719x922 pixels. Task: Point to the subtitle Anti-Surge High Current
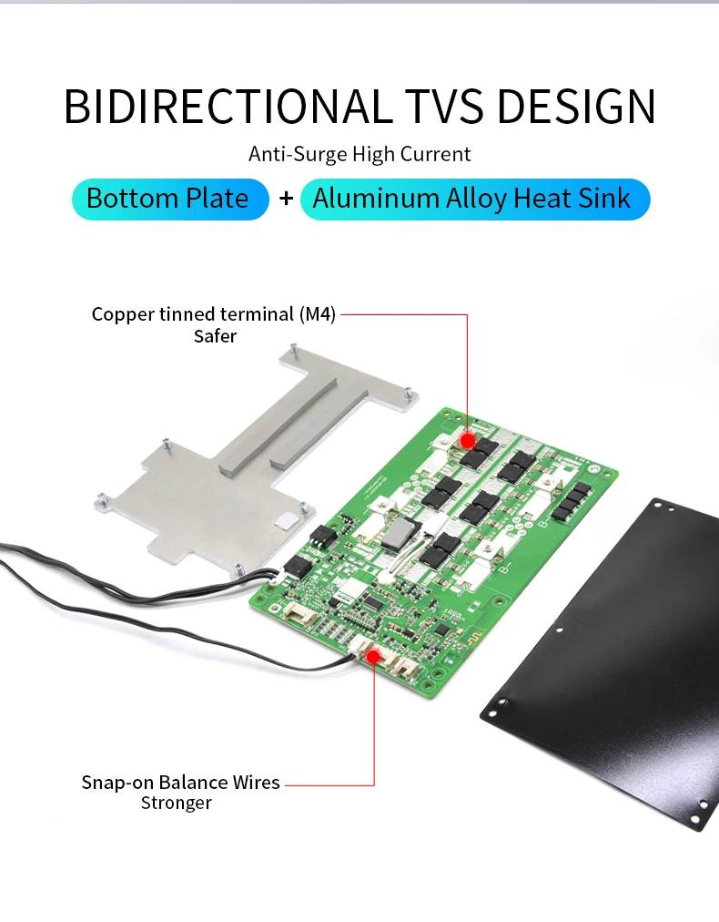pyautogui.click(x=359, y=154)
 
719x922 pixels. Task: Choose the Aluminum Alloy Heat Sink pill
pyautogui.click(x=473, y=200)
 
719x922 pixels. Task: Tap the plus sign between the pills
pyautogui.click(x=286, y=200)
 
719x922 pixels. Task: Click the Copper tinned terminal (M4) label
pyautogui.click(x=214, y=315)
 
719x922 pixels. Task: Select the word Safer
pyautogui.click(x=215, y=336)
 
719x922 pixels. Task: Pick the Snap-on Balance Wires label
pyautogui.click(x=180, y=783)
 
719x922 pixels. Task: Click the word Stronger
pyautogui.click(x=177, y=803)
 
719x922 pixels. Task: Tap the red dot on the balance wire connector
pyautogui.click(x=374, y=654)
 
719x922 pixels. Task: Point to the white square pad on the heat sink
pyautogui.click(x=284, y=520)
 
